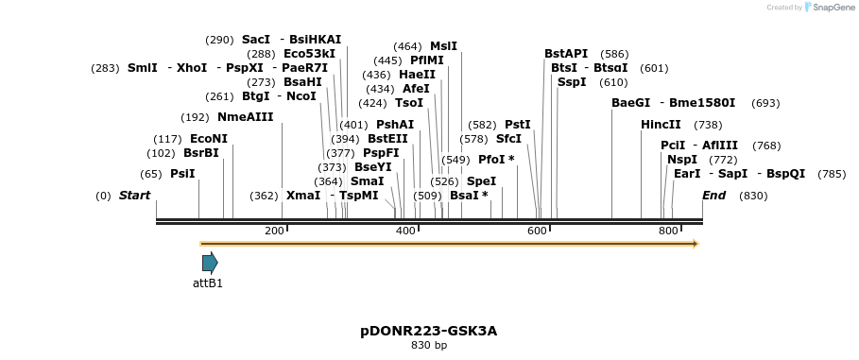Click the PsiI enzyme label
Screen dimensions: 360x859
pos(182,174)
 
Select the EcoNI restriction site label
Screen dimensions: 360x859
pos(208,139)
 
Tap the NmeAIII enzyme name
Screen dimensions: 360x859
pos(245,117)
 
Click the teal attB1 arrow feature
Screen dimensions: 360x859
pos(210,263)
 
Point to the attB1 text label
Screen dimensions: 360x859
pos(208,283)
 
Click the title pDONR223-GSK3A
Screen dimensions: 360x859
pos(428,331)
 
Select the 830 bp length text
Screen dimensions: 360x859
pos(429,346)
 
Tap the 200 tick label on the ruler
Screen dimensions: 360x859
pos(274,231)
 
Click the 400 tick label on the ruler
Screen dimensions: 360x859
pos(405,231)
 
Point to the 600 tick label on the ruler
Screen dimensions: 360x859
pos(537,231)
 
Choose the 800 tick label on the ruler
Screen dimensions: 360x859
pos(668,231)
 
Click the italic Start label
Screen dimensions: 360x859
pos(134,196)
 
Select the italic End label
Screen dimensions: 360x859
pos(713,196)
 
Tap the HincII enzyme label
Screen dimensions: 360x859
pos(661,125)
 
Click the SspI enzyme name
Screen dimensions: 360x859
pos(572,82)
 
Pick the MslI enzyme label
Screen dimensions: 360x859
pos(443,46)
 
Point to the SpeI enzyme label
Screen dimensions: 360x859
pos(481,181)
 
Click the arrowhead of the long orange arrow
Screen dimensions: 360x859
pos(695,244)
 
